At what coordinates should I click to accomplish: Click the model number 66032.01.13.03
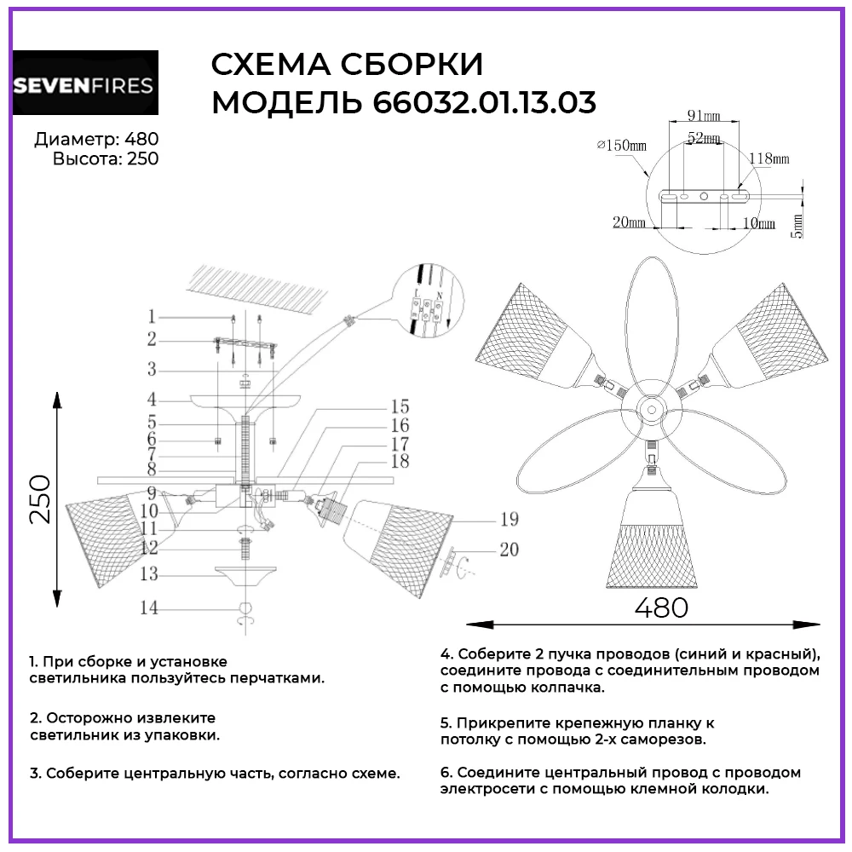click(x=484, y=103)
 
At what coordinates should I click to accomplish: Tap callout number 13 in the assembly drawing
click(x=149, y=575)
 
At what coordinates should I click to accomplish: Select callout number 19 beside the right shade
click(x=509, y=519)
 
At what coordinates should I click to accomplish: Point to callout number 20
click(x=509, y=550)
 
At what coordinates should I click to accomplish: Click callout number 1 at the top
click(x=151, y=316)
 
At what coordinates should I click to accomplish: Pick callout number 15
click(x=400, y=406)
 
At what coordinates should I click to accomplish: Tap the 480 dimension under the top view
click(x=661, y=607)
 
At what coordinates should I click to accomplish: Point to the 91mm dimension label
click(x=705, y=115)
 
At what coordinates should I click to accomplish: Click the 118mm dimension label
click(x=769, y=158)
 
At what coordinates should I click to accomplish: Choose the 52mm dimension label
click(x=706, y=138)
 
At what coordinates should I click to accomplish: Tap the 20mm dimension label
click(x=628, y=222)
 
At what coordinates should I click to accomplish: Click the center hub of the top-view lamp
click(x=652, y=407)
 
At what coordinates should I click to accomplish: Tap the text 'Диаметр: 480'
click(x=96, y=140)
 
